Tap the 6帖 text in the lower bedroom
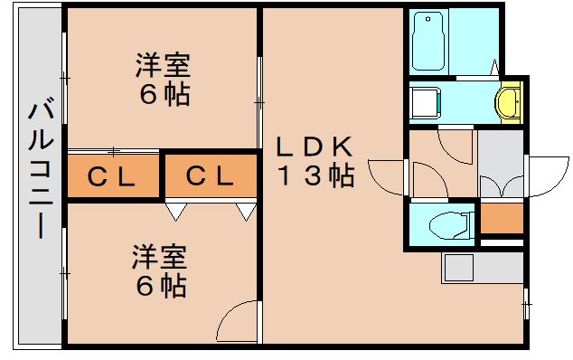click(x=161, y=286)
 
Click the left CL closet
click(x=112, y=177)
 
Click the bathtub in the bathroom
click(x=429, y=43)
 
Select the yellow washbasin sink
click(x=509, y=101)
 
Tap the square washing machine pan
click(x=425, y=100)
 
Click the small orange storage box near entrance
click(x=502, y=218)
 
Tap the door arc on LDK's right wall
click(x=386, y=174)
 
